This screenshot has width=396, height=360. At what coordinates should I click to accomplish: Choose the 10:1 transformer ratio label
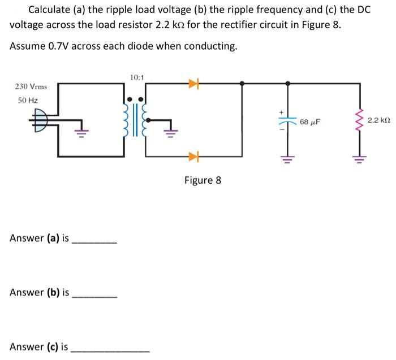[x=136, y=76]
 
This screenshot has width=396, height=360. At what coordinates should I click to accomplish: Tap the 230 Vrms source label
[x=31, y=86]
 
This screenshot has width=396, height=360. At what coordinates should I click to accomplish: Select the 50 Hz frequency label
[x=28, y=100]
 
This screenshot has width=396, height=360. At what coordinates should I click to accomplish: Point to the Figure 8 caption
[x=203, y=180]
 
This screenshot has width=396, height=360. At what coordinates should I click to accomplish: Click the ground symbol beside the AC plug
[x=80, y=133]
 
